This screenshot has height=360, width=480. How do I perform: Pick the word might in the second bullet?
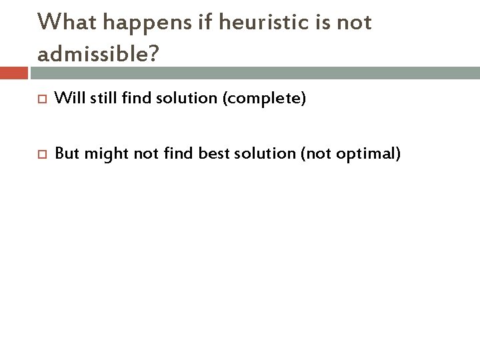coord(104,155)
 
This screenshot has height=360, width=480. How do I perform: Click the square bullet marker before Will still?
coord(39,100)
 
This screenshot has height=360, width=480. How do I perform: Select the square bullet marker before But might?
coord(39,155)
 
